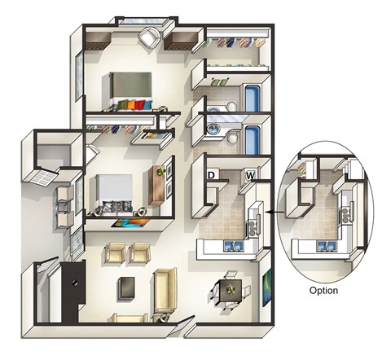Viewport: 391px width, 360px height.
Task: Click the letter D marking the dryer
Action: [x=210, y=174]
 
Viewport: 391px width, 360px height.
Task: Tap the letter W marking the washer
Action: [x=250, y=174]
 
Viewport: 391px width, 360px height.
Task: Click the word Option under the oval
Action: [x=323, y=290]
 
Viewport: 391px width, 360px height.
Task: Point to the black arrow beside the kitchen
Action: [x=271, y=216]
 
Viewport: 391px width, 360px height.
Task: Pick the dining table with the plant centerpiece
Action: [x=229, y=289]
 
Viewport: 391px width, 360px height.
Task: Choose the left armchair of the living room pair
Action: [x=115, y=255]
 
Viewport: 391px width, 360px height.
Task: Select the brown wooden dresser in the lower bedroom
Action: [x=158, y=187]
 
